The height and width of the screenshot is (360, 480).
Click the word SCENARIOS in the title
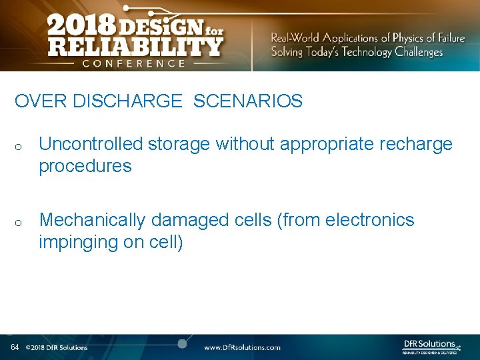[248, 101]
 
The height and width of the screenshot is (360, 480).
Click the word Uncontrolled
[91, 144]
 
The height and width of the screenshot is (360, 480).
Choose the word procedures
[85, 166]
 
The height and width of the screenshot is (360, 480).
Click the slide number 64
[15, 347]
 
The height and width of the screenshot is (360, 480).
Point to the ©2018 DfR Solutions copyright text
[57, 347]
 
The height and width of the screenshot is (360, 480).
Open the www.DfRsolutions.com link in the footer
[242, 347]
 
